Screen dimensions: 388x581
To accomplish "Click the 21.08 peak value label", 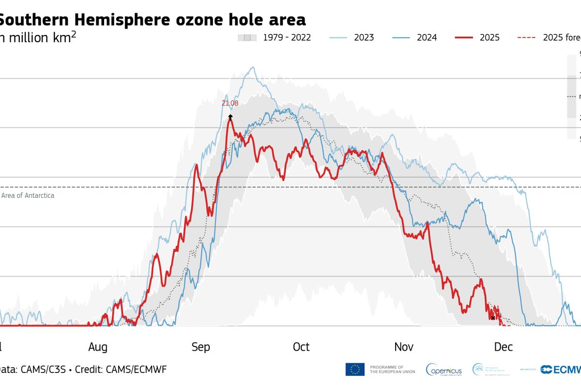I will pos(229,103).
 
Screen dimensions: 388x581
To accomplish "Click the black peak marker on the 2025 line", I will pos(230,116).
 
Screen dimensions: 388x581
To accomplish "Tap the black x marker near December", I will pos(493,318).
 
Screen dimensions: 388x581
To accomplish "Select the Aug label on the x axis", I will pos(98,347).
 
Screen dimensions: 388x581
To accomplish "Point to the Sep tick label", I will pos(200,347).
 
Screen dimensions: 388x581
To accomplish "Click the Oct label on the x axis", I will pos(301,347).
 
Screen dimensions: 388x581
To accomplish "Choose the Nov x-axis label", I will pos(404,347).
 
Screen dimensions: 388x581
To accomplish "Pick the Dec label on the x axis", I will pos(504,347).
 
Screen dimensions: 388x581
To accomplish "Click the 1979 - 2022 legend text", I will pos(287,37).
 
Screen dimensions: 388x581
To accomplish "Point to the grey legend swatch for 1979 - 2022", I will pos(246,37).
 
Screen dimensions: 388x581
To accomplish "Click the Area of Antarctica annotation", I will pos(28,195).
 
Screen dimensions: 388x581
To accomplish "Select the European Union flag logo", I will pos(355,370).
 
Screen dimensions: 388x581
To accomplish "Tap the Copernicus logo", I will pos(443,370).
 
